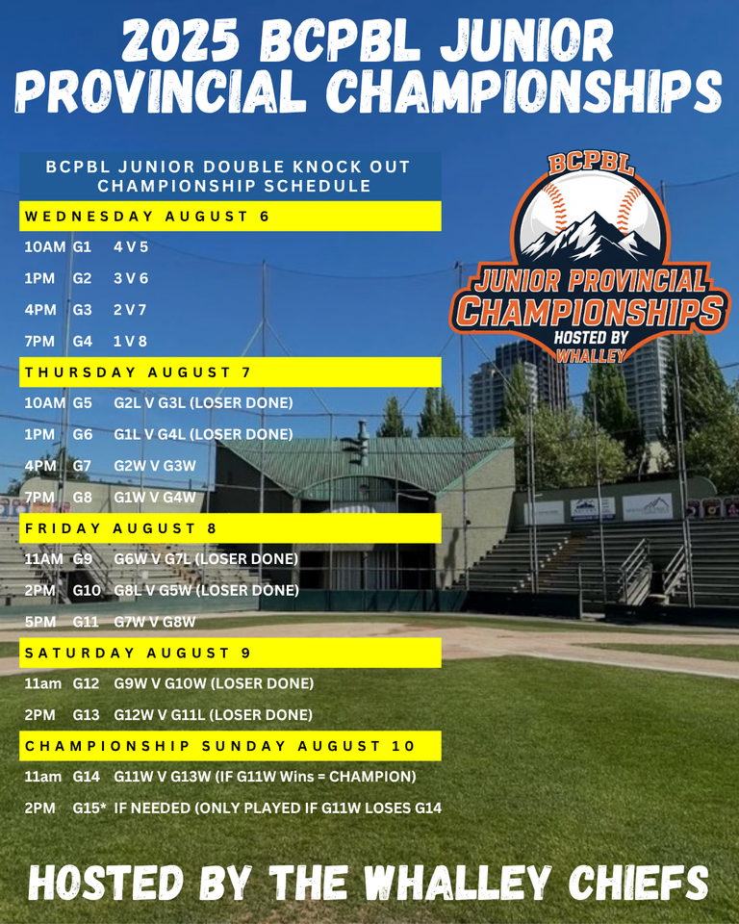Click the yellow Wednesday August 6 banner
230,217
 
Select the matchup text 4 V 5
131,247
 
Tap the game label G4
82,341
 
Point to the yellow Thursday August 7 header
230,372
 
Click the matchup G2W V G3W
155,466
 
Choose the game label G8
82,498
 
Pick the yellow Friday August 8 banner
230,528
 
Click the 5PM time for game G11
40,622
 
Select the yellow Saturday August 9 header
230,653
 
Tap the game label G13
86,715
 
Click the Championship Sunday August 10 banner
230,746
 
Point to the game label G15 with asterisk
89,808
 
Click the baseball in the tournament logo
591,215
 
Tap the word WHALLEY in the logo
591,356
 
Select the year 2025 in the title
180,40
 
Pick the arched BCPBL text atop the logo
591,164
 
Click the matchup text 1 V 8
130,341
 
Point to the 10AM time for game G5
45,403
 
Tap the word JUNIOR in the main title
527,40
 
